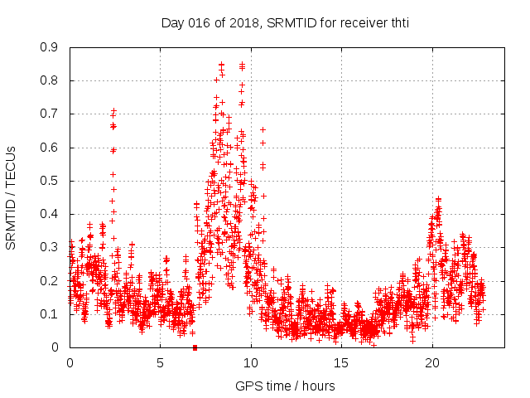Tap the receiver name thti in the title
396,23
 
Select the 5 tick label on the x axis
160,363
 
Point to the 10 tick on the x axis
251,363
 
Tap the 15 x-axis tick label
341,363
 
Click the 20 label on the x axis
432,363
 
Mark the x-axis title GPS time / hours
285,386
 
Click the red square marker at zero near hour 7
195,347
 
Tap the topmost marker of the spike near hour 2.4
114,110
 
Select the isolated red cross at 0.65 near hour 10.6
263,129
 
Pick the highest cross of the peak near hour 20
438,199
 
